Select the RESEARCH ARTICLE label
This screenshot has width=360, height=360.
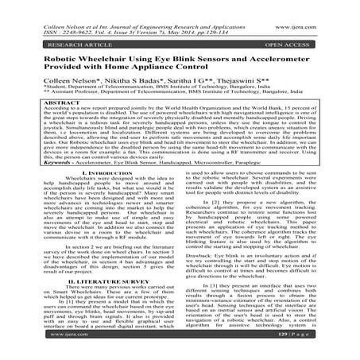click(59, 35)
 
